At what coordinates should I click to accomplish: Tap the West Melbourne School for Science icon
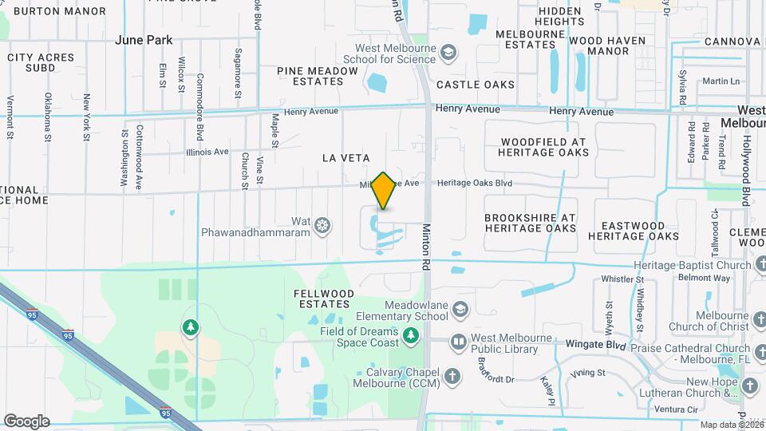[449, 53]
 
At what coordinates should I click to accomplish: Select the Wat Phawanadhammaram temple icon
[322, 227]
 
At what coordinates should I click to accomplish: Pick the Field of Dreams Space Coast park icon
[410, 336]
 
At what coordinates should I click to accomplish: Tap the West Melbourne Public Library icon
[459, 342]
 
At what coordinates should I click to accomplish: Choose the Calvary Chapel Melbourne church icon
[452, 375]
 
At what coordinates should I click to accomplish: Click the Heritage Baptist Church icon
[757, 265]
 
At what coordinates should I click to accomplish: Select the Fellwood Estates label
[324, 299]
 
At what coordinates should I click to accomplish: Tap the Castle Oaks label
[476, 85]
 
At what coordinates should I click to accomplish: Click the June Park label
[144, 39]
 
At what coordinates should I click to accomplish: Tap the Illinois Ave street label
[207, 152]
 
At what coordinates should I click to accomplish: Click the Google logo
[26, 421]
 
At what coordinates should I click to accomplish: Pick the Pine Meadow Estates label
[318, 76]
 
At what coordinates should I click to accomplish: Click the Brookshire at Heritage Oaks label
[530, 222]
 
